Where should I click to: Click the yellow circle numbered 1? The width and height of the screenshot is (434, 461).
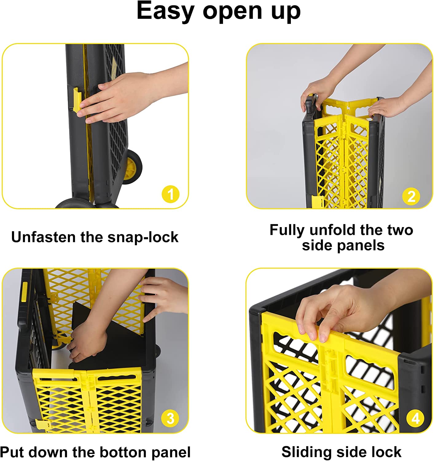(170, 194)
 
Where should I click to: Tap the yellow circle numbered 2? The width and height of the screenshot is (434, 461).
(411, 196)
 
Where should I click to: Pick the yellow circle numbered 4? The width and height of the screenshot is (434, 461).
(415, 418)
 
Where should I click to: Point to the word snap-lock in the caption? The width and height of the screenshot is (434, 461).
(143, 237)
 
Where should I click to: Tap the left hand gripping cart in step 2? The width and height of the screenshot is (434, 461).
(315, 92)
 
